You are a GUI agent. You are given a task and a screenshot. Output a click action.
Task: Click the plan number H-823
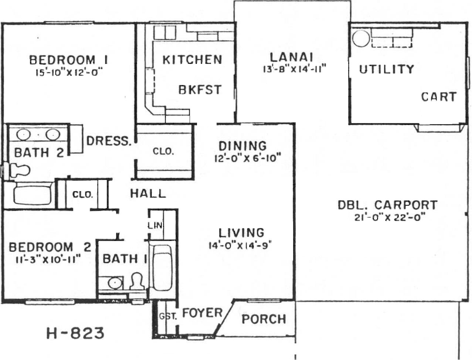[x=75, y=333]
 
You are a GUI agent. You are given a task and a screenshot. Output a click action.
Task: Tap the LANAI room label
[x=291, y=57]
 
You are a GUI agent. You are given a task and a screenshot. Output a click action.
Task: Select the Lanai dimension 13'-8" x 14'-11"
[x=295, y=69]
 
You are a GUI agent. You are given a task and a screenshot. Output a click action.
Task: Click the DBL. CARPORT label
[x=387, y=205]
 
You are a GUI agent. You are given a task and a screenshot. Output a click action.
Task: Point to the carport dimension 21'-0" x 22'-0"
[x=390, y=217]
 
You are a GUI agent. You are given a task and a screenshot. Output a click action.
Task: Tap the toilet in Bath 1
[x=137, y=281]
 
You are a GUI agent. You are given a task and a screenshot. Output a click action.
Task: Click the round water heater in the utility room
[x=361, y=39]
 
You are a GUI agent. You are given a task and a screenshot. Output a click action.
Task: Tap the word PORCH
[x=264, y=319]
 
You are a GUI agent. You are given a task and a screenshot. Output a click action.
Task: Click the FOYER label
[x=202, y=313]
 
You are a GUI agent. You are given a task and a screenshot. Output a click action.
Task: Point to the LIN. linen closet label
[x=155, y=225]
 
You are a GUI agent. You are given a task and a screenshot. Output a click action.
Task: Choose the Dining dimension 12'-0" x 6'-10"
[x=248, y=159]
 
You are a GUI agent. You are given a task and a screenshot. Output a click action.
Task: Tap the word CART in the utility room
[x=439, y=97]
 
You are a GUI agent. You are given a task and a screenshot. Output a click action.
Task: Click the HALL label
[x=148, y=193]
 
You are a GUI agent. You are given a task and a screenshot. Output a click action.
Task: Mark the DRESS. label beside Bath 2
[x=109, y=141]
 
